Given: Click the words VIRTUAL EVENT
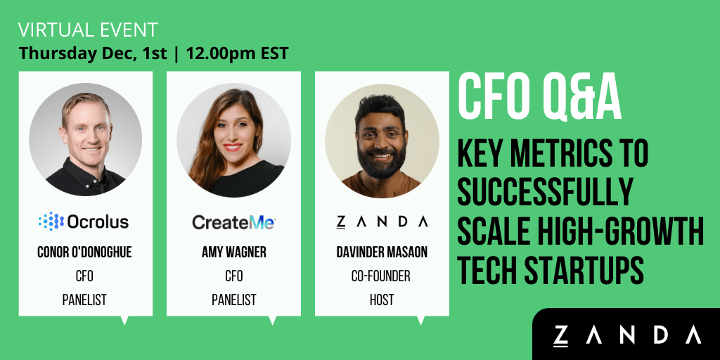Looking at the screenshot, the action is (x=88, y=30).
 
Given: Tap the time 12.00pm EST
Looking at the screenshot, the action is (x=237, y=53).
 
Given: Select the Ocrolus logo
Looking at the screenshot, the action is (x=84, y=221).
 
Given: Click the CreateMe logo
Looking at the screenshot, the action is (x=233, y=223).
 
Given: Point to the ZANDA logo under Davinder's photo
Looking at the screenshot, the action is (x=382, y=222).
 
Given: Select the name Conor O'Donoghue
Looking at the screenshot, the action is (x=85, y=252).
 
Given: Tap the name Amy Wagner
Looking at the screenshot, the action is (x=233, y=252).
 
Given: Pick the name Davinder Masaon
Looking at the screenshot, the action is (x=382, y=252).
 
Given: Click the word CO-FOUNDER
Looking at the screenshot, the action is (x=380, y=276).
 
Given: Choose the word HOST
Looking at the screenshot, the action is (x=382, y=300).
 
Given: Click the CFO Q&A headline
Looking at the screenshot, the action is (x=540, y=99).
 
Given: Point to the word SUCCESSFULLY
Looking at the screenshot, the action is (x=545, y=193).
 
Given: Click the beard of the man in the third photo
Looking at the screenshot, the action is (x=382, y=163).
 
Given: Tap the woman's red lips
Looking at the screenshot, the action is (x=233, y=148).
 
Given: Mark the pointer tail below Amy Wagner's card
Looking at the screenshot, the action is (x=272, y=320).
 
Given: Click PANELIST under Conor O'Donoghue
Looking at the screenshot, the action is (x=84, y=300).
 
